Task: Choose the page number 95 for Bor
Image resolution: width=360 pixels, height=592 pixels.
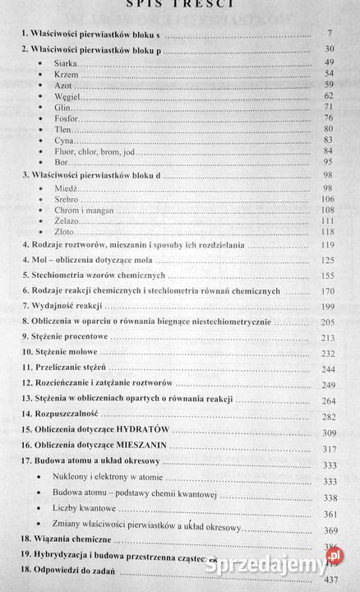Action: [x=330, y=161]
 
